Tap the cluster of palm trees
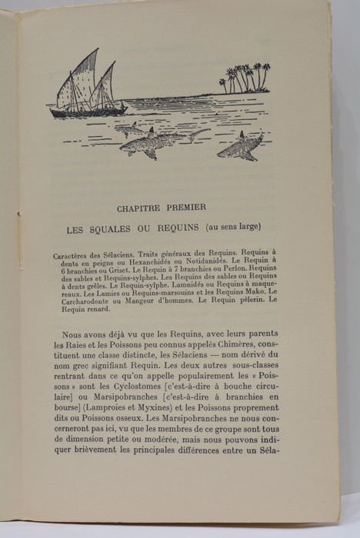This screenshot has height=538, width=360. [x=245, y=78]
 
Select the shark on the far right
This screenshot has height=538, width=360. [x=239, y=145]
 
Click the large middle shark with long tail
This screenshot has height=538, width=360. [x=158, y=142]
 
